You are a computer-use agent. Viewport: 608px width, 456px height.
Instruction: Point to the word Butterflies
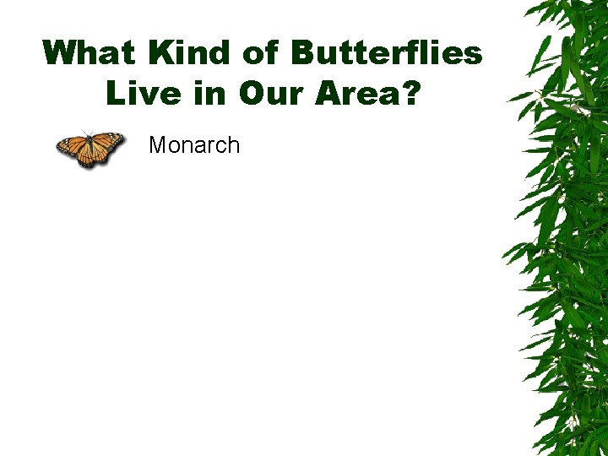tap(387, 53)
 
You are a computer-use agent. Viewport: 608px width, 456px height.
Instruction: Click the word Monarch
tap(194, 145)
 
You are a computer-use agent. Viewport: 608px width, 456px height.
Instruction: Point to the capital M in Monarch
tap(157, 145)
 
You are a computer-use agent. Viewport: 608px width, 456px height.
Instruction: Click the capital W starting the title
tap(61, 53)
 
